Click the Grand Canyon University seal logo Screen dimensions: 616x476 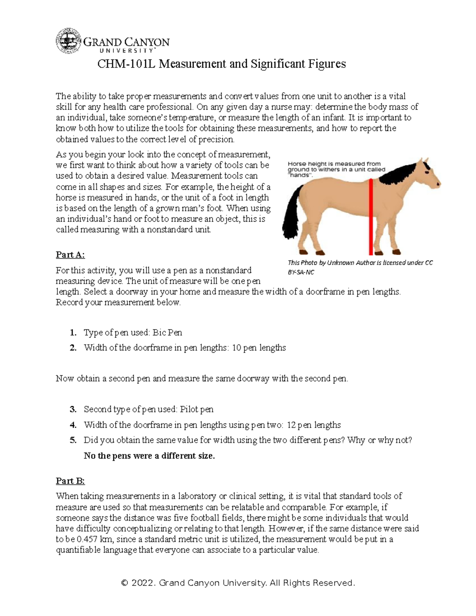(x=68, y=41)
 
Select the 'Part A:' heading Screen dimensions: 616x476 (x=70, y=254)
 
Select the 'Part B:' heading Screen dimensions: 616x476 (x=70, y=481)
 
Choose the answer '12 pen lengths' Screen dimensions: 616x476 (x=313, y=425)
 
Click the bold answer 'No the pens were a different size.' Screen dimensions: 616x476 (x=149, y=456)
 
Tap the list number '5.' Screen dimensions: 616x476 (x=73, y=440)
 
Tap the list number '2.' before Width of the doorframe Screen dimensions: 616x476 (x=73, y=348)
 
